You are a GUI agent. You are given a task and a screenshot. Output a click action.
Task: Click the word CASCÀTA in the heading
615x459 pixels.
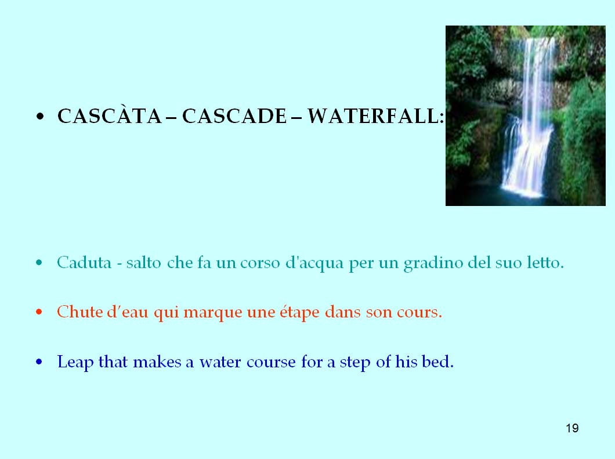point(110,115)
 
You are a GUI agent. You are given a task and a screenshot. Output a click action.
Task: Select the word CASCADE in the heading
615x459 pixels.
point(234,116)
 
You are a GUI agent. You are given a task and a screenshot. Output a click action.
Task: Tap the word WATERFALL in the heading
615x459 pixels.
point(374,116)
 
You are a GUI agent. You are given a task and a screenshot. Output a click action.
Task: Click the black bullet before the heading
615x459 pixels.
point(40,117)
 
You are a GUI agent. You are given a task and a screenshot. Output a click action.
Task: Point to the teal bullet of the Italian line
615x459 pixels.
point(39,262)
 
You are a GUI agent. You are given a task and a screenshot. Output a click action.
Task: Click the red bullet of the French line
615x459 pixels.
point(39,312)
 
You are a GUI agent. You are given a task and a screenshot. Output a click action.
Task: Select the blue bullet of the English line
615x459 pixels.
point(39,362)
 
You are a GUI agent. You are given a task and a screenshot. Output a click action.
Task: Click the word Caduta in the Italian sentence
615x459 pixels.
point(84,262)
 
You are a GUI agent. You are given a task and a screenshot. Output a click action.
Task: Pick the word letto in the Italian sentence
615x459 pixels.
point(542,262)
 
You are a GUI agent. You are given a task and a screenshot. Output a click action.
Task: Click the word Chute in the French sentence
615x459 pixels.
point(80,312)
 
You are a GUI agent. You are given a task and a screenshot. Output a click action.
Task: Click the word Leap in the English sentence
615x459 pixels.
point(75,362)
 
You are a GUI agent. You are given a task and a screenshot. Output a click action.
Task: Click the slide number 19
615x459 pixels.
point(572,428)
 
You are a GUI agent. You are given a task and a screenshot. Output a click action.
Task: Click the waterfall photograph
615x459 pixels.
point(526,115)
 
